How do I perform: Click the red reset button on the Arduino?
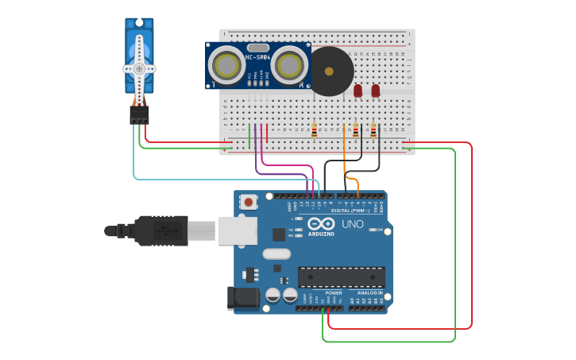click(249, 202)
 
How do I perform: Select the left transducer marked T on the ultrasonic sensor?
click(225, 64)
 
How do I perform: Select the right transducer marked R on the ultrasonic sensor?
click(291, 64)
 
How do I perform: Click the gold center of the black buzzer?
click(329, 71)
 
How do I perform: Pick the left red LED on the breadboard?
click(358, 91)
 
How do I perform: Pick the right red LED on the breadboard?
click(376, 91)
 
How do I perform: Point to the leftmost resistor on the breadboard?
click(314, 130)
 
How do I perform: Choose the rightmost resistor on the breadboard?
click(373, 130)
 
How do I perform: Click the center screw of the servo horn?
click(139, 68)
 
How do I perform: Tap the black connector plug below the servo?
click(139, 115)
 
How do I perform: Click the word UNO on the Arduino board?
click(352, 224)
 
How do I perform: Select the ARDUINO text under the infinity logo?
click(322, 234)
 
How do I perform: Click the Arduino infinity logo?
click(322, 224)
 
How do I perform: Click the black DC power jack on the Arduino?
click(242, 298)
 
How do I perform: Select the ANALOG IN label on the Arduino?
click(369, 293)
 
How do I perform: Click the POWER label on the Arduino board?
click(334, 293)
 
